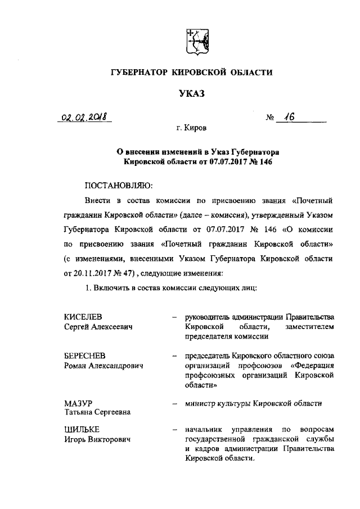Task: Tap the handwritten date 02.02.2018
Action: [84, 118]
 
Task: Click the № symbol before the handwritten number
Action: [271, 119]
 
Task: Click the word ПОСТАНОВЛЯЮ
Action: [118, 185]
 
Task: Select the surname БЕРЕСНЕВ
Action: [85, 357]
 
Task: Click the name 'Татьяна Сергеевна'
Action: [97, 412]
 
